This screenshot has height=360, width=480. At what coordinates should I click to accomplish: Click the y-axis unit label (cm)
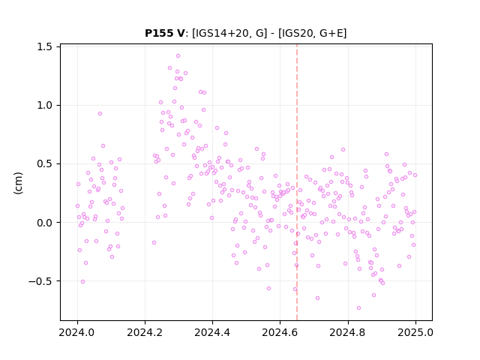coord(18,183)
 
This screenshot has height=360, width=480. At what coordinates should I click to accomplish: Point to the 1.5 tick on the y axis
coord(44,46)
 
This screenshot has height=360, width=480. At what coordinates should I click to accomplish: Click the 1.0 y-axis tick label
coord(44,105)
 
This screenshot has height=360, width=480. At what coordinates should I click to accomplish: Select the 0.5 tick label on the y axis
coord(44,163)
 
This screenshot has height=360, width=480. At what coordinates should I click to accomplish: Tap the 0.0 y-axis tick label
coord(44,223)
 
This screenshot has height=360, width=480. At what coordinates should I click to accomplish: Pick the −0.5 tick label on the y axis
coord(40,281)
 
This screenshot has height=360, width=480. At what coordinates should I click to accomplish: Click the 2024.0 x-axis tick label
coord(77,332)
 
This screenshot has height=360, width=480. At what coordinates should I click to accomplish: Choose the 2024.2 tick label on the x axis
coord(145,332)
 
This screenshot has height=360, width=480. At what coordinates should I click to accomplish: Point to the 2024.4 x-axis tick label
coord(212,332)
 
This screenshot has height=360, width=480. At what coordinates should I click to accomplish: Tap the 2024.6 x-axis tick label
coord(280,332)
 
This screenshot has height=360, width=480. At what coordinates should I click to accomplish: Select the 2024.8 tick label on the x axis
coord(348,332)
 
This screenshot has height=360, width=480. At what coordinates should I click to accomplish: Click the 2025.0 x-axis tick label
coord(415,332)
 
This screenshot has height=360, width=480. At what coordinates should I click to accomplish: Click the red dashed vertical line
coord(297,182)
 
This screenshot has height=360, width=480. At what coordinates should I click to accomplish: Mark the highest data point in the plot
coord(178,56)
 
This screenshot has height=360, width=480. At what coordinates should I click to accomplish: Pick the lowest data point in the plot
coord(358,308)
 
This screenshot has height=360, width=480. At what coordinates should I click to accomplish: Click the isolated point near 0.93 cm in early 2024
coord(100,113)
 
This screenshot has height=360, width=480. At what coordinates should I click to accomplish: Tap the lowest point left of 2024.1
coord(82,282)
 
